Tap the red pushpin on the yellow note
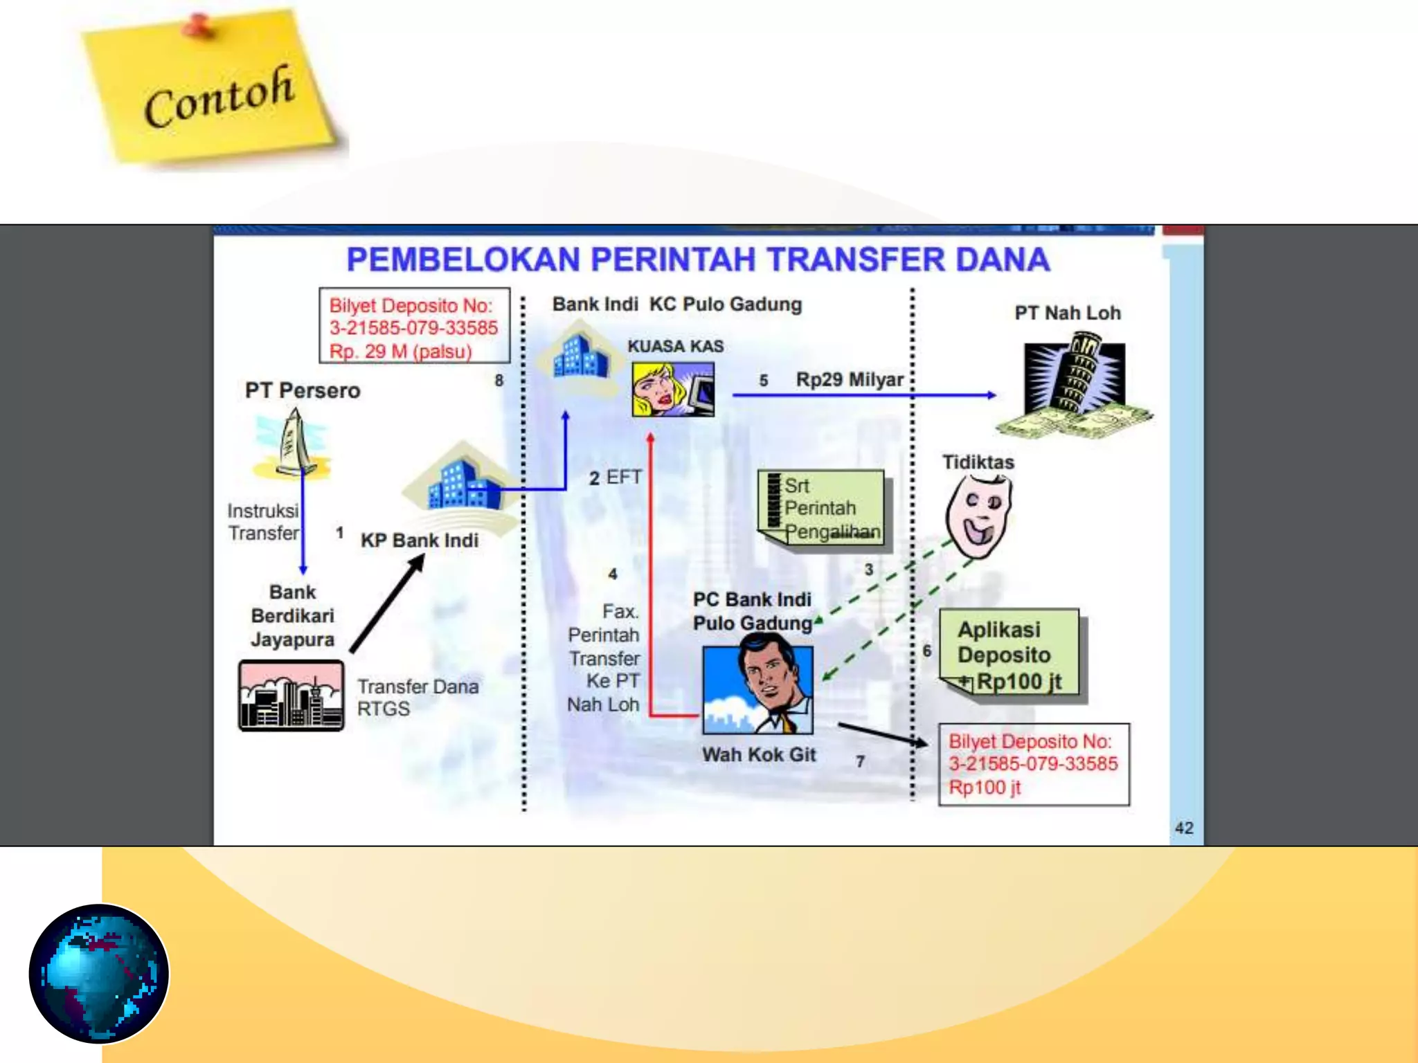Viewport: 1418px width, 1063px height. [x=198, y=26]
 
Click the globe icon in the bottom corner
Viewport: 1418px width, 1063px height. [x=98, y=974]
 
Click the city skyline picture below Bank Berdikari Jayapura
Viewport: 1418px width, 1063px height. [x=291, y=696]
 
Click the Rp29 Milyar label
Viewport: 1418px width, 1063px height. [x=849, y=380]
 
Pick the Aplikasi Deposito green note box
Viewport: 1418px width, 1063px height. [x=1009, y=655]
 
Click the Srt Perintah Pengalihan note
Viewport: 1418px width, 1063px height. [x=823, y=508]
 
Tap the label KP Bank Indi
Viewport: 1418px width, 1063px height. [x=419, y=540]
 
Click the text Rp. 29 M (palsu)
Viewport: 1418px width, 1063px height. [x=400, y=352]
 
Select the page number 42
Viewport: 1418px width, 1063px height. [x=1183, y=828]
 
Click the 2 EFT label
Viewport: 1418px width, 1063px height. [x=615, y=478]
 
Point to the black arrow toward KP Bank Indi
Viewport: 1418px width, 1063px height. [x=386, y=605]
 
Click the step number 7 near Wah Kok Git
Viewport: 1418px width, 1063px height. [x=860, y=761]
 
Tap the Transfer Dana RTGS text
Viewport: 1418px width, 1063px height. [x=417, y=698]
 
